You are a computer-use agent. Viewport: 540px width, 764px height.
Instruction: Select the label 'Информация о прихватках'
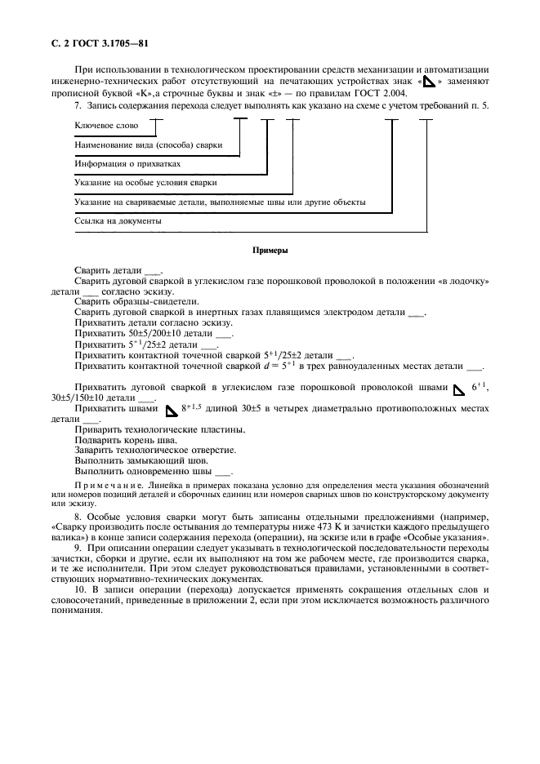[x=127, y=164]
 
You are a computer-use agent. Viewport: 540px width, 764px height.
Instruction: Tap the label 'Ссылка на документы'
[x=118, y=221]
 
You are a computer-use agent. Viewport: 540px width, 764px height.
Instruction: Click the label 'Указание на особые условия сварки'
[x=145, y=183]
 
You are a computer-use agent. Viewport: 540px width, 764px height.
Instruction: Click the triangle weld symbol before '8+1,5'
[x=171, y=409]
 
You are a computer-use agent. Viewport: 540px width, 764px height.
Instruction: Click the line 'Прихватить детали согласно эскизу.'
[x=141, y=322]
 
